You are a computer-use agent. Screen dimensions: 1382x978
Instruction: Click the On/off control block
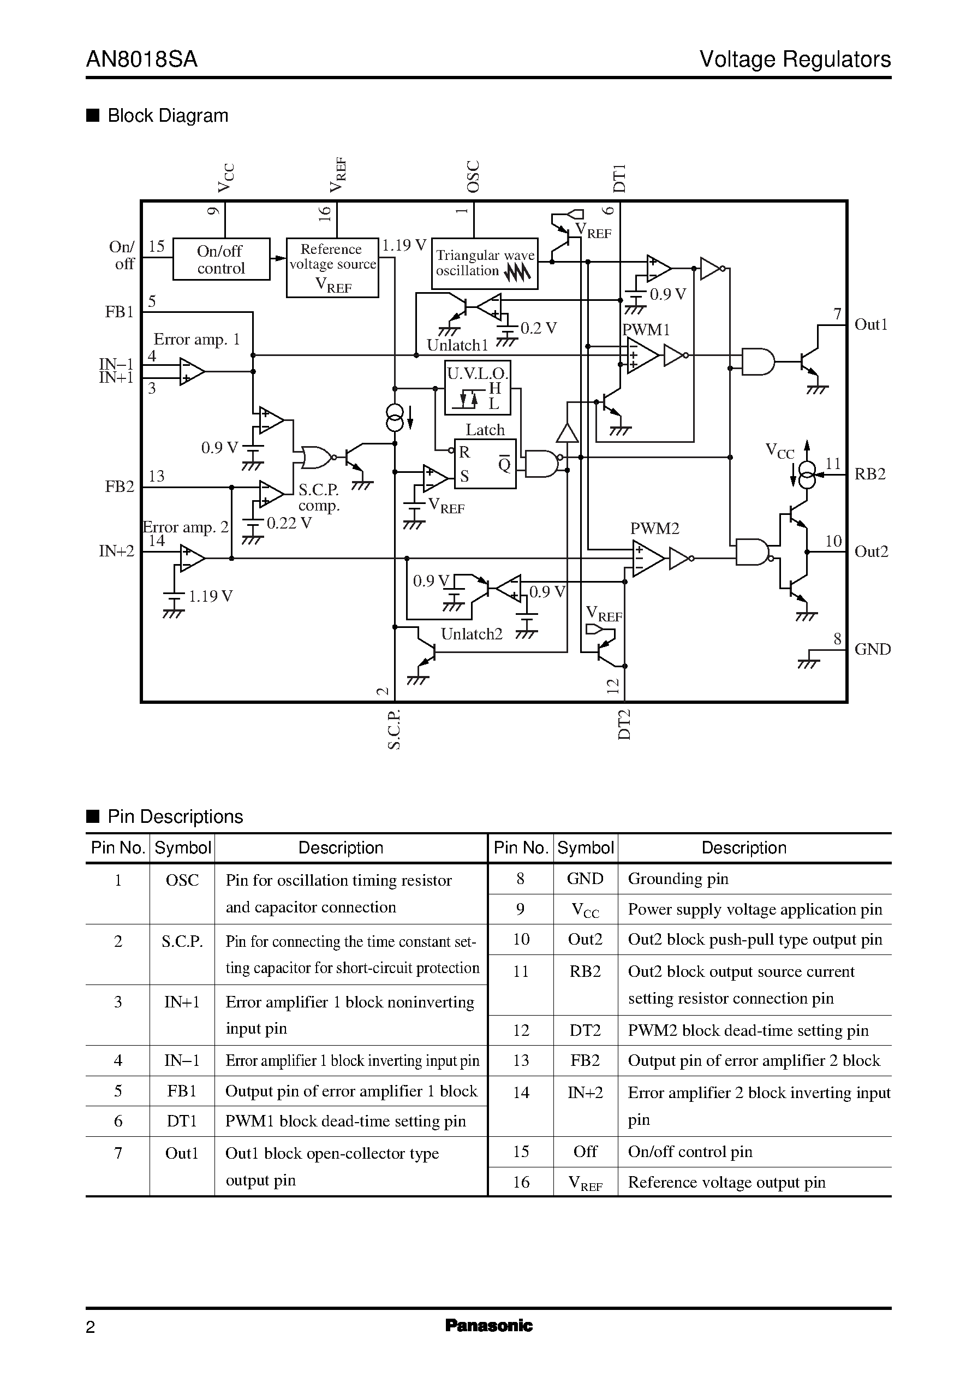tap(221, 259)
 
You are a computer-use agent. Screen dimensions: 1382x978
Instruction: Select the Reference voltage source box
tap(332, 268)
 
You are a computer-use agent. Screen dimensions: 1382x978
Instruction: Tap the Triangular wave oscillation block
tap(485, 264)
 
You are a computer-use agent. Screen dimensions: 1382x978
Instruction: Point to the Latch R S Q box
tap(485, 464)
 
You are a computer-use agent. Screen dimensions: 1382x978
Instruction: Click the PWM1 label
tap(646, 330)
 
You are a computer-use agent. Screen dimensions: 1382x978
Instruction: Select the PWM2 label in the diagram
tap(654, 529)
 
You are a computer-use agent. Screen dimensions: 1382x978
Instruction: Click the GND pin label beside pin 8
tap(872, 649)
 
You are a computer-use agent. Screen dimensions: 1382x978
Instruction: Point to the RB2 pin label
tap(870, 474)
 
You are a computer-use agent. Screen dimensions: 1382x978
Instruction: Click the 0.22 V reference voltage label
tap(289, 523)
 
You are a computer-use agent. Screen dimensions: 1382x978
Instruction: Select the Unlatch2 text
tap(471, 634)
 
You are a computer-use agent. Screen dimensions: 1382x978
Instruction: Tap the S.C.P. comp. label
tap(319, 497)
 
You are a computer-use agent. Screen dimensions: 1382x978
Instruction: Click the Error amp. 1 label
tap(196, 339)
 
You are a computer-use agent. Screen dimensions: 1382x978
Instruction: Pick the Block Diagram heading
tap(168, 116)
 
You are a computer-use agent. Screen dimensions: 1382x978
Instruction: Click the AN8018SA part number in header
tap(141, 60)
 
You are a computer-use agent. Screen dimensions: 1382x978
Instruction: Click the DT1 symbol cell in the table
tap(181, 1121)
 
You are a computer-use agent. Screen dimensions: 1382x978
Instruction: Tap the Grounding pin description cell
tap(678, 879)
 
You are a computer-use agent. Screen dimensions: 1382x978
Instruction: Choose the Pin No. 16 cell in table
tap(521, 1182)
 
